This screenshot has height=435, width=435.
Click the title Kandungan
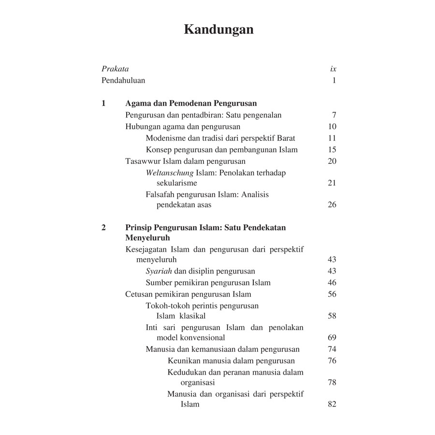click(x=218, y=29)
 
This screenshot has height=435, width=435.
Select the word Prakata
click(x=115, y=69)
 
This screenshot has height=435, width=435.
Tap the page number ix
click(x=333, y=69)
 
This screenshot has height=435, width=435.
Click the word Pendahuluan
click(x=123, y=81)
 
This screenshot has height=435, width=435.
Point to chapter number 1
click(x=103, y=103)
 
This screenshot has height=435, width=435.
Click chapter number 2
click(x=103, y=227)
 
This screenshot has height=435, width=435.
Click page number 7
click(x=334, y=115)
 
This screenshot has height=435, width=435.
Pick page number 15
click(x=332, y=150)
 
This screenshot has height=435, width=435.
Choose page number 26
click(x=332, y=204)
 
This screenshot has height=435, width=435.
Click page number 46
click(x=332, y=283)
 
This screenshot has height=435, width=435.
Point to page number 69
click(x=332, y=338)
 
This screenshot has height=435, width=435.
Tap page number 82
click(x=332, y=404)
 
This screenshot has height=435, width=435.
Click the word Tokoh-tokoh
click(x=167, y=305)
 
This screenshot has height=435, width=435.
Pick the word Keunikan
click(x=185, y=361)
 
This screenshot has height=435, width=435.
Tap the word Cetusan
click(x=140, y=294)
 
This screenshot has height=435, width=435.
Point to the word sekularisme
click(x=177, y=183)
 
